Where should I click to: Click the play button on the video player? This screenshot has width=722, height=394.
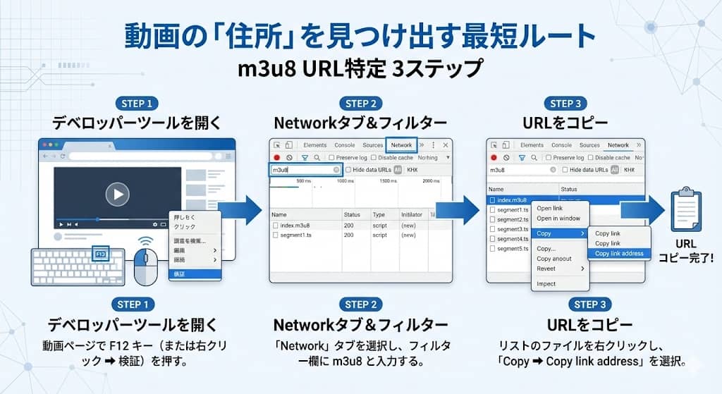click(117, 194)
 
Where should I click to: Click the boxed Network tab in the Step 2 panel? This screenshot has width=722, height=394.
click(401, 145)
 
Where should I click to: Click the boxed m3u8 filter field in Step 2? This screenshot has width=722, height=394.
click(306, 170)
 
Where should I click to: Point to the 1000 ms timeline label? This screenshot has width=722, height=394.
click(345, 181)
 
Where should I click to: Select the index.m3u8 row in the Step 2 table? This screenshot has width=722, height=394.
click(295, 226)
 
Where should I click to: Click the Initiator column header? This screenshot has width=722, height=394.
click(411, 214)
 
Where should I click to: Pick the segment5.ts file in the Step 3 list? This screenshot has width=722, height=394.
click(512, 249)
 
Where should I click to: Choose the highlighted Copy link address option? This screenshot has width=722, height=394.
click(619, 254)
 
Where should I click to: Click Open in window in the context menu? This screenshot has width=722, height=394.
click(558, 218)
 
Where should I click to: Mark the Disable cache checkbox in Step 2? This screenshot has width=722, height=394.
click(393, 158)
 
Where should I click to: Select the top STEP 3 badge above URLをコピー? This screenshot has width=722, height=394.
click(566, 104)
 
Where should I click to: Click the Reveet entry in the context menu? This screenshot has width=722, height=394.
click(546, 269)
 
